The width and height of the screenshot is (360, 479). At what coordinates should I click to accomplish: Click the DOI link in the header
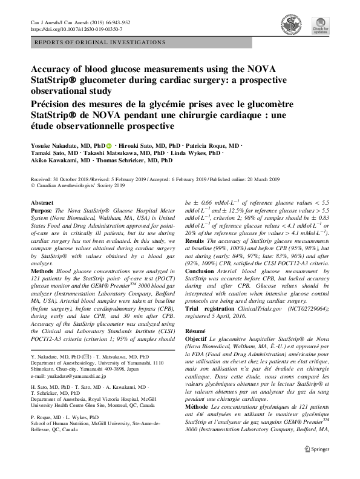click(x=76, y=29)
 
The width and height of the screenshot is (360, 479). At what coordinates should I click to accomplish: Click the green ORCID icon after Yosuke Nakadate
click(x=109, y=147)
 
